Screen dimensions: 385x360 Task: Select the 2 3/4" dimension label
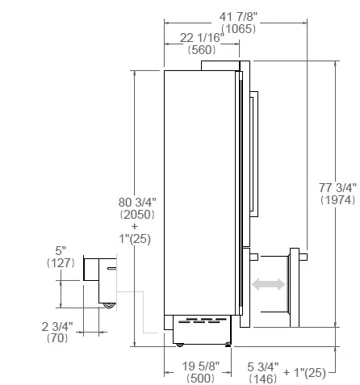(x=58, y=327)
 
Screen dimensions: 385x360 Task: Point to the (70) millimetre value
(x=58, y=339)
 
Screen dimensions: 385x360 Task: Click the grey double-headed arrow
(x=268, y=284)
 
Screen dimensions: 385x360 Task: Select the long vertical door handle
(x=257, y=153)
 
